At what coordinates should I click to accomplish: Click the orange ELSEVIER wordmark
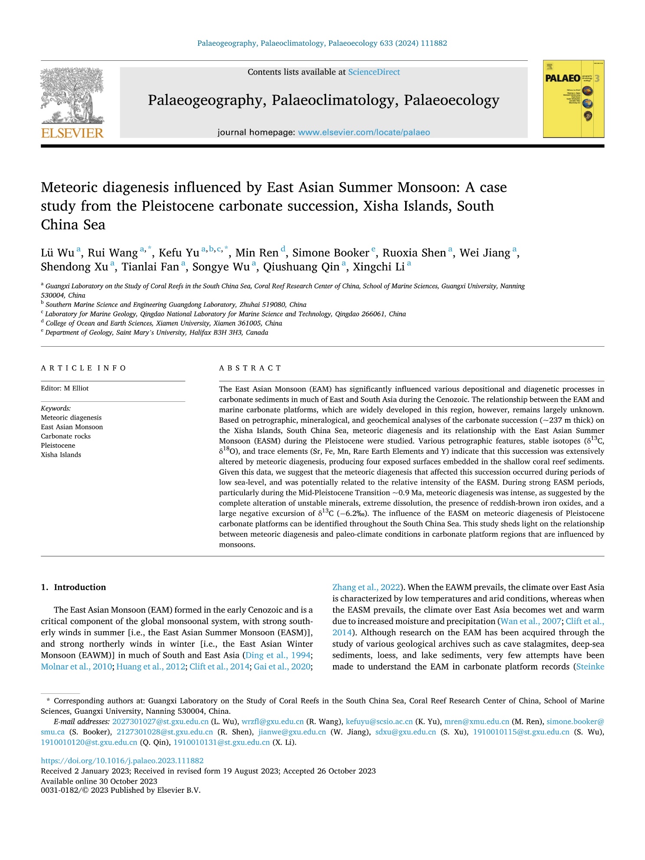coord(72,133)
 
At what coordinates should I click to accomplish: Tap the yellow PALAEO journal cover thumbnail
coord(573,99)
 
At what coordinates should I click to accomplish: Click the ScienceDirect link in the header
coord(374,72)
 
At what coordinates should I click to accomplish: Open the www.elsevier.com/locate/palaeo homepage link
coord(364,132)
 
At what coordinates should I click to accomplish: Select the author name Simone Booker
coord(331,253)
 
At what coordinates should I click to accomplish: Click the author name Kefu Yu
coord(179,253)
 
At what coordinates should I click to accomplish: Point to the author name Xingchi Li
coord(379,267)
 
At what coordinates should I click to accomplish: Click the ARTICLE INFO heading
coord(83,368)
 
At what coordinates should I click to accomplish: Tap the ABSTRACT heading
coord(250,368)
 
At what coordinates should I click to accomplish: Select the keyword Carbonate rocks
coord(65,436)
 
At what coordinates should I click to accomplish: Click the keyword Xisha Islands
coord(61,455)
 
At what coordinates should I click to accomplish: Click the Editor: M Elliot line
coord(65,388)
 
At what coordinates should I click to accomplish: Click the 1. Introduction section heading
coord(73,587)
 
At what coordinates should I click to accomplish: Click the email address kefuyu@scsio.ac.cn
coord(379,722)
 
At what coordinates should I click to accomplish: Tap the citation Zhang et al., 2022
coord(366,587)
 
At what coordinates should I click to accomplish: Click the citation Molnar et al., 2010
coord(76,666)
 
